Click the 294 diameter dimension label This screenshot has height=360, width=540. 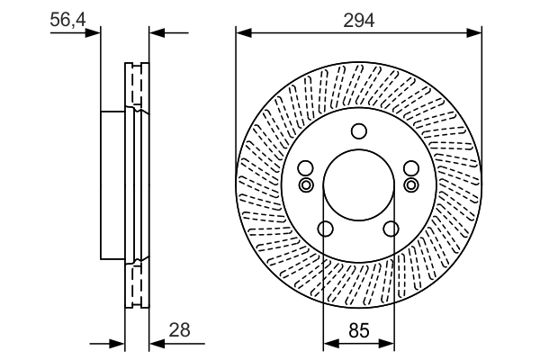[358, 19]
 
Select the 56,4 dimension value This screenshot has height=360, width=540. [67, 19]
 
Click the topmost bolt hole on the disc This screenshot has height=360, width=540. [358, 129]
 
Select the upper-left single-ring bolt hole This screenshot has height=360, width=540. [304, 168]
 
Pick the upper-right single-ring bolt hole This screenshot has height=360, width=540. [412, 168]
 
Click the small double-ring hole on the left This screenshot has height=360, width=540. [304, 185]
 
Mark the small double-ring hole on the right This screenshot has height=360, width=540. [412, 185]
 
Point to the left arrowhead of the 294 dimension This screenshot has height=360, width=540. [242, 33]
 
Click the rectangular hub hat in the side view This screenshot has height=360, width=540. [112, 184]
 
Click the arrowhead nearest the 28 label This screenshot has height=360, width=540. [156, 343]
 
